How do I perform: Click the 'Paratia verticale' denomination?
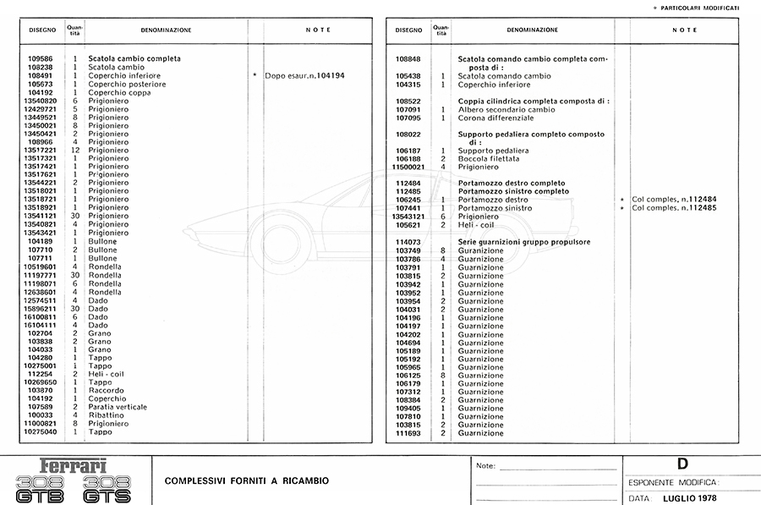click(x=123, y=407)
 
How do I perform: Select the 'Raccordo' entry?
click(x=107, y=390)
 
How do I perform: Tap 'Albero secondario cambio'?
click(x=506, y=109)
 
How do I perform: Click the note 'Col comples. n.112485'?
click(x=674, y=208)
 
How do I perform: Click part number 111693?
click(x=408, y=433)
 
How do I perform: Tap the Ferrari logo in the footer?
click(x=74, y=464)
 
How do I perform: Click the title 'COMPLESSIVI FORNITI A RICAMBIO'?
click(x=247, y=480)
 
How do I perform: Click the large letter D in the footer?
click(x=682, y=464)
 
